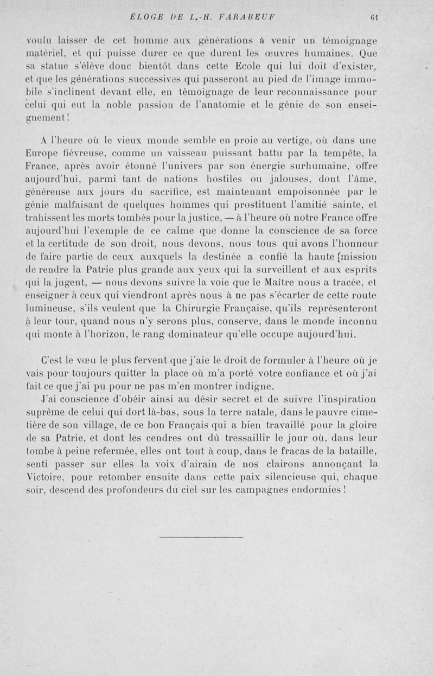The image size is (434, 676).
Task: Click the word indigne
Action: coord(253,387)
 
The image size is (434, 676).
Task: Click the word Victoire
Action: coord(46,477)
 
